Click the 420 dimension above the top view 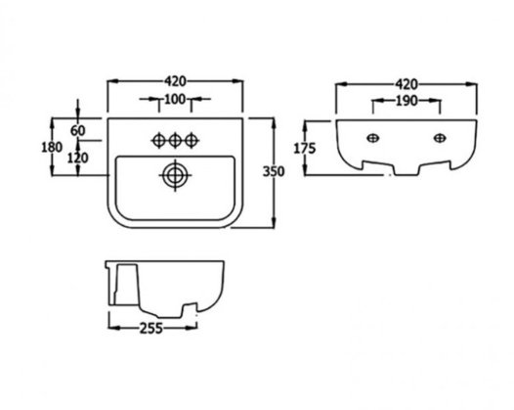175,81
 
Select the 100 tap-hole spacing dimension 175,99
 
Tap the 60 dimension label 78,131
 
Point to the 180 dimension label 52,147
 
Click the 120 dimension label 78,159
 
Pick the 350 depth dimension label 274,171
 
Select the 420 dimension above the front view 407,85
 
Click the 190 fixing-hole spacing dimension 407,101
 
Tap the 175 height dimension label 305,149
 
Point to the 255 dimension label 151,328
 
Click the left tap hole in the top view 158,141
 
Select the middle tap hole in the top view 175,141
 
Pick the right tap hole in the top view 192,141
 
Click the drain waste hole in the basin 175,175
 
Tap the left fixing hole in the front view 373,138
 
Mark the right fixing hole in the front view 440,138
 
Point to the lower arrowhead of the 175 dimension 305,169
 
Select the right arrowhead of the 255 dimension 192,328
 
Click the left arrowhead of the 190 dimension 378,102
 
